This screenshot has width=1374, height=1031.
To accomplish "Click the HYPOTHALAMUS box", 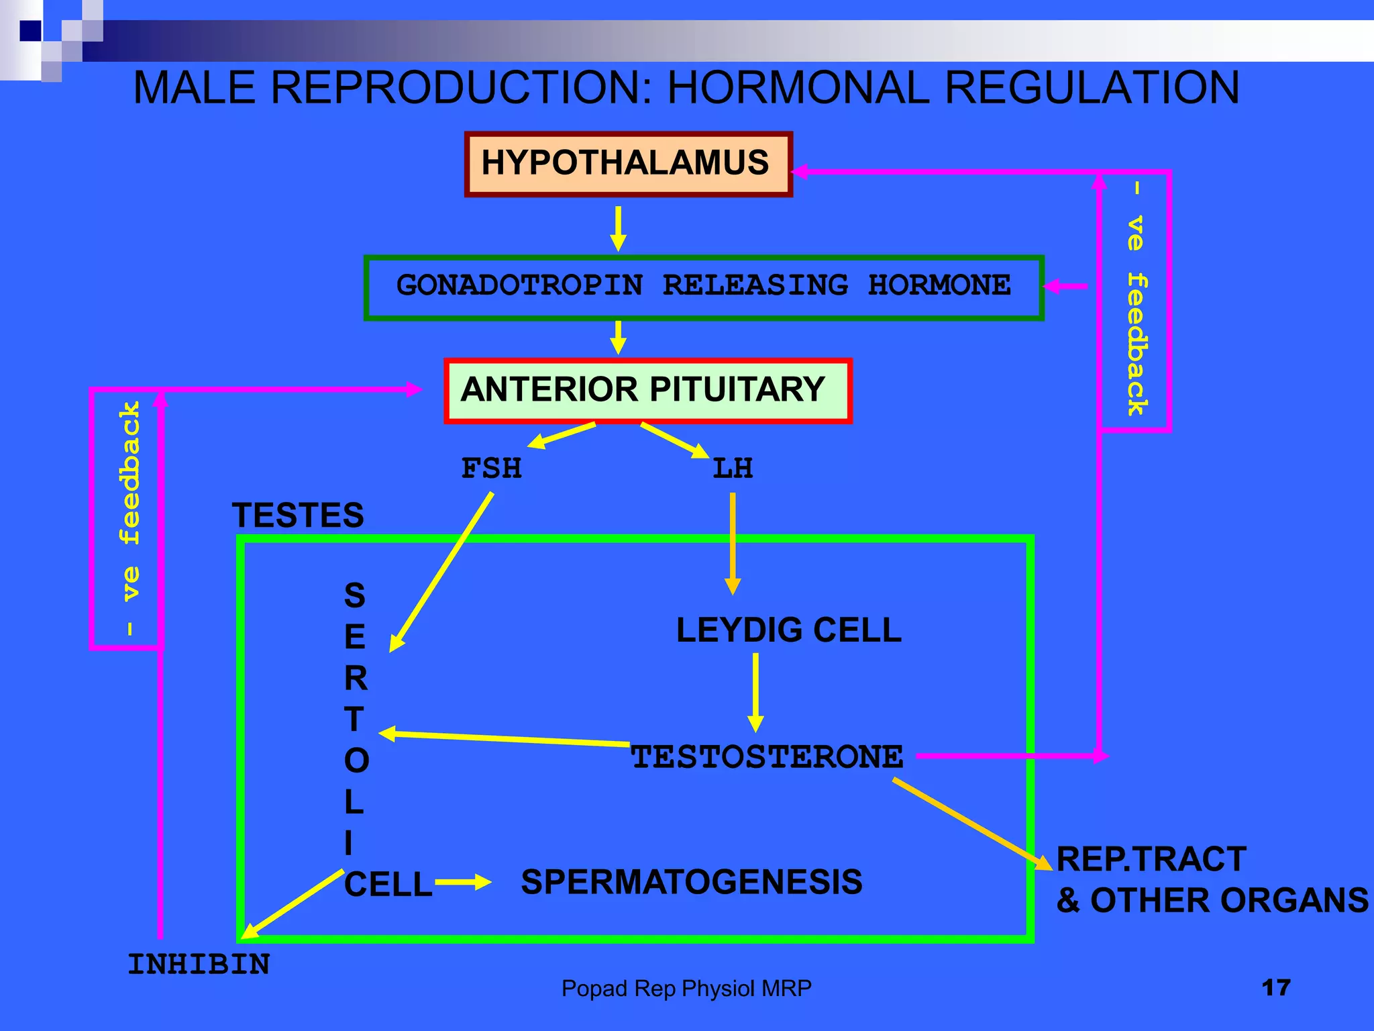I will [x=628, y=164].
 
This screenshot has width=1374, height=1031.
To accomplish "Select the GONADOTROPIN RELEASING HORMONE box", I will [x=703, y=287].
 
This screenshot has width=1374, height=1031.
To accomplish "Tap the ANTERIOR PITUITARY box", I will [x=647, y=391].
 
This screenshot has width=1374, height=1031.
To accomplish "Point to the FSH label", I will [x=491, y=469].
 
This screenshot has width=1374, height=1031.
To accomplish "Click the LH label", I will [x=733, y=469].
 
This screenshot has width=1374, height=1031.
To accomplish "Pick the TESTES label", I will [x=298, y=515].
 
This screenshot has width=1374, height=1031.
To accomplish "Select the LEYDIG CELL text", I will [x=788, y=630].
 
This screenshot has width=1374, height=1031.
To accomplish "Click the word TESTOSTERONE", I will [x=767, y=757].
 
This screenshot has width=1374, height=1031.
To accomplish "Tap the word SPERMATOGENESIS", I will [x=691, y=882].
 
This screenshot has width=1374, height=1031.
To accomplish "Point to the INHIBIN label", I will [x=199, y=965].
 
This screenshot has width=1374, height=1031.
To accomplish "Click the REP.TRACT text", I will [x=1151, y=859].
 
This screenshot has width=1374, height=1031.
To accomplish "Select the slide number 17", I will [x=1275, y=987].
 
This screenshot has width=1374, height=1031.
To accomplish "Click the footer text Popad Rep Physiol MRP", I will [x=686, y=988].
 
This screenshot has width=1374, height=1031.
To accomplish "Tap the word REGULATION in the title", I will [x=1092, y=88].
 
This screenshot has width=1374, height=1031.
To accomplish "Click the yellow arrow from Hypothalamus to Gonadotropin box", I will [x=619, y=228].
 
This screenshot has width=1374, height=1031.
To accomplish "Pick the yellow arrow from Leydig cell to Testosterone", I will [x=756, y=691].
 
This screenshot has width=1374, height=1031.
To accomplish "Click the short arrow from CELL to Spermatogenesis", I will [x=463, y=883].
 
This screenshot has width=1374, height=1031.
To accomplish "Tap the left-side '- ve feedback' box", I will [x=126, y=518].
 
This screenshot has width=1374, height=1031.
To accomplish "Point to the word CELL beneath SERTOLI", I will [x=388, y=885].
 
